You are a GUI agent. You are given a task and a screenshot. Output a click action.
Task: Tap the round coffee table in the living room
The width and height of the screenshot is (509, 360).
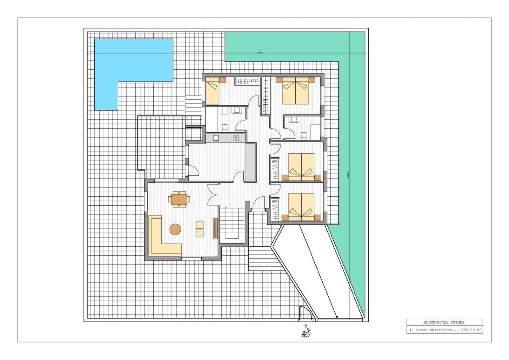click(175, 229)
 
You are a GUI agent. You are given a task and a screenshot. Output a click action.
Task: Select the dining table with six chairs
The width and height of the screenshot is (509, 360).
click(179, 199)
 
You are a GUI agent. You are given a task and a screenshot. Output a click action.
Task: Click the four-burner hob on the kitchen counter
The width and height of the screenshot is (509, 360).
click(236, 138)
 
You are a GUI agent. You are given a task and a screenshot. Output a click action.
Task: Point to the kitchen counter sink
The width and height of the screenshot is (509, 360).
click(216, 138)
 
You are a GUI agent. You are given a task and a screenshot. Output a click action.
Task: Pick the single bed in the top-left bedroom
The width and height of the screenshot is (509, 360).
click(212, 92)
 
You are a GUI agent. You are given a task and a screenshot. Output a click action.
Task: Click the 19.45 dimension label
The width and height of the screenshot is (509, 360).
click(261, 53)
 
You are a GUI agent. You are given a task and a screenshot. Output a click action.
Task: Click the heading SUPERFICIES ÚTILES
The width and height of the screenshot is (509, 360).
click(444, 322)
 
